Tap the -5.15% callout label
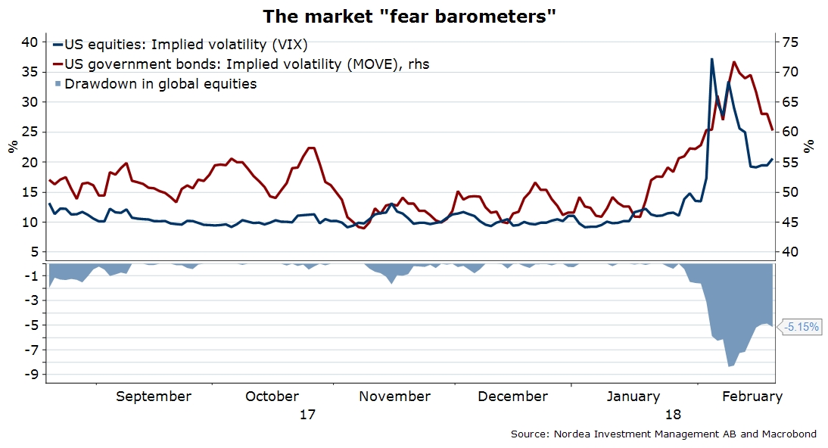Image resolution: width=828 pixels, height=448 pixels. click(802, 327)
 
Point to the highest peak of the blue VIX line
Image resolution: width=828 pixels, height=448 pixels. click(711, 58)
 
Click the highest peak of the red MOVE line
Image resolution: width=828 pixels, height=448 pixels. click(733, 62)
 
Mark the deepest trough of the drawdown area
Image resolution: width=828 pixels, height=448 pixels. click(730, 366)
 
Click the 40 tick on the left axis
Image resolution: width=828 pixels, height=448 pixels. click(29, 42)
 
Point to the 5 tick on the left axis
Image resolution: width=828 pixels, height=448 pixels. click(33, 252)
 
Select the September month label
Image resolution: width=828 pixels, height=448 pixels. click(153, 397)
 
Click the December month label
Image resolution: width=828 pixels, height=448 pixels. click(513, 397)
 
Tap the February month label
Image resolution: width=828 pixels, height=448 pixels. click(752, 397)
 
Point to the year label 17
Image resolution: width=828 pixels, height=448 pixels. click(307, 415)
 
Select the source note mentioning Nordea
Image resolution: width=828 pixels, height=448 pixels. click(664, 434)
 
